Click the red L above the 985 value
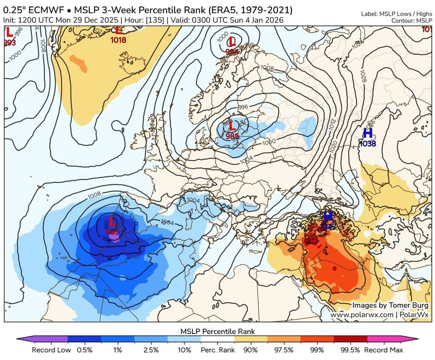pos(232,126)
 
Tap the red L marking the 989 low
pos(113,221)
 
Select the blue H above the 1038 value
pos(367,133)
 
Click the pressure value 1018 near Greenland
pos(118,40)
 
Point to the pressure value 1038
pos(367,144)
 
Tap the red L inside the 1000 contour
pos(232,42)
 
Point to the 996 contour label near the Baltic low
pos(243,107)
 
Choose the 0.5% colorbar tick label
pos(85,350)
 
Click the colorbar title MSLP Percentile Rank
pos(217,331)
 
